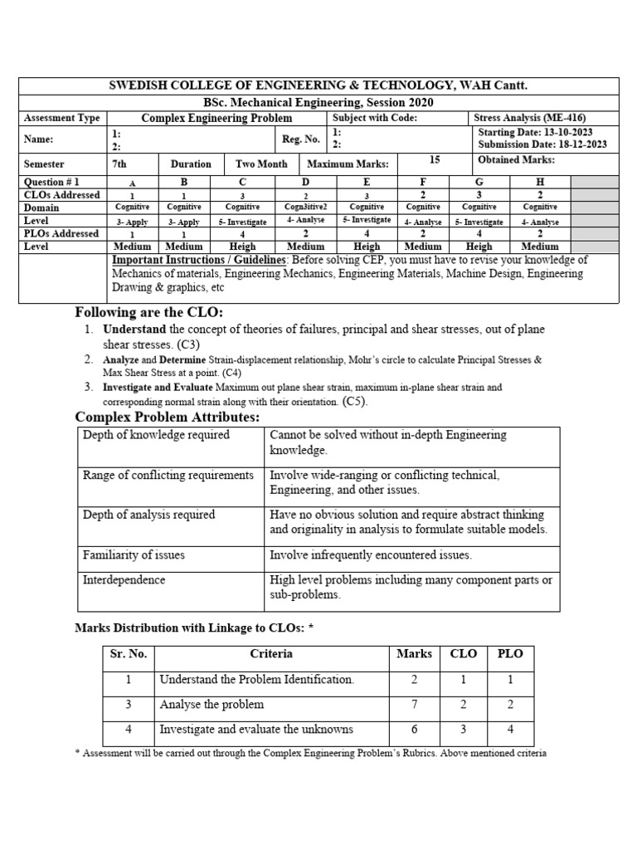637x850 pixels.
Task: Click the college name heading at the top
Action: coord(318,86)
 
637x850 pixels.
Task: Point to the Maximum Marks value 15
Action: coord(435,159)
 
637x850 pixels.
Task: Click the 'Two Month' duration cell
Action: coord(261,164)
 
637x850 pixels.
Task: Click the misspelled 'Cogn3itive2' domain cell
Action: coord(306,207)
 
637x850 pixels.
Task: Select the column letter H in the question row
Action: coord(540,181)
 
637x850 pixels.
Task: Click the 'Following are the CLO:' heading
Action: coord(149,312)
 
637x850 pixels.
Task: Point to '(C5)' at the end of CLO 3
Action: coord(354,401)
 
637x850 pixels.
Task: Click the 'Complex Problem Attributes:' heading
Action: coord(168,417)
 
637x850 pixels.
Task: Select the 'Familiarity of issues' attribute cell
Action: coord(134,554)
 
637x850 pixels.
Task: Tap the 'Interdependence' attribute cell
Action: coord(124,579)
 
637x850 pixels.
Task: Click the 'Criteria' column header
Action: coord(271,654)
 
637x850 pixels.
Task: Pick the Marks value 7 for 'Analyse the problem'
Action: coord(414,704)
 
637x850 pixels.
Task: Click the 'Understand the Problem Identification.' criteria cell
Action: coord(256,679)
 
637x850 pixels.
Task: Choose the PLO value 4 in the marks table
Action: coord(510,729)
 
